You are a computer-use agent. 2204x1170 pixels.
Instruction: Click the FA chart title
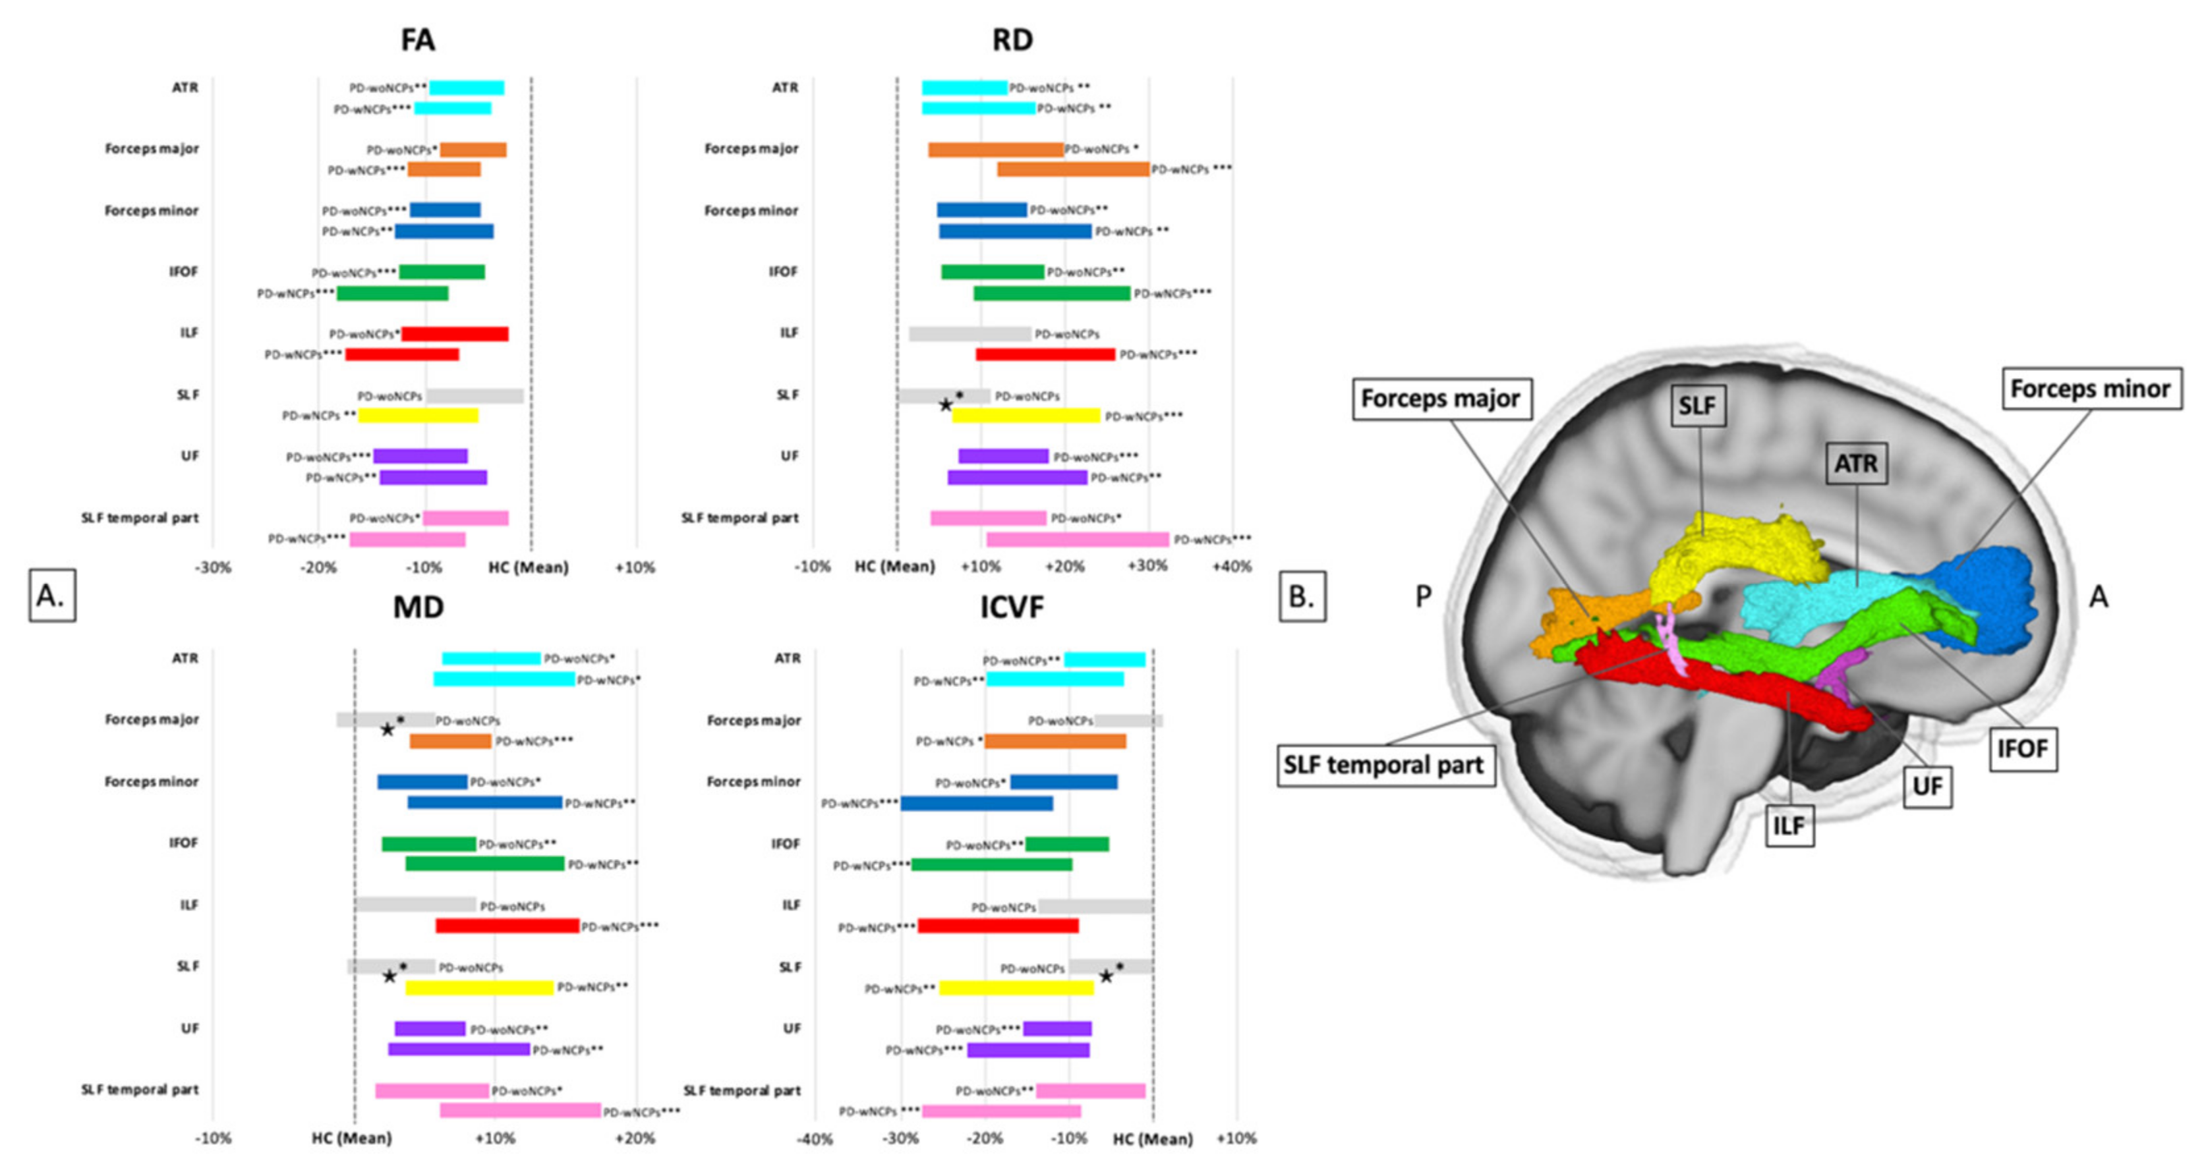click(x=417, y=40)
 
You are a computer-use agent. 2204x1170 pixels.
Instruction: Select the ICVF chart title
click(x=1012, y=607)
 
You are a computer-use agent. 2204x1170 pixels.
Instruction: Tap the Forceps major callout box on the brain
click(x=1441, y=399)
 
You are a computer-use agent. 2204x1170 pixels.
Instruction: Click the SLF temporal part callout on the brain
click(x=1384, y=765)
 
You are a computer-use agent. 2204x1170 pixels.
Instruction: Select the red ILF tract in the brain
click(x=1754, y=693)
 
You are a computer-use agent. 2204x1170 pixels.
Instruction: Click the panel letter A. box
click(x=51, y=596)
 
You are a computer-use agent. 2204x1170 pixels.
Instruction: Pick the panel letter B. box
click(x=1301, y=596)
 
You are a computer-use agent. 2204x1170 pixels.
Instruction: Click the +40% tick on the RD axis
click(x=1232, y=567)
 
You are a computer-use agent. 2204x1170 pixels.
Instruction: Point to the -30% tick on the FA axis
click(x=213, y=568)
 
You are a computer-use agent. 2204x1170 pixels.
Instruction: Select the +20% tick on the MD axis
click(x=636, y=1138)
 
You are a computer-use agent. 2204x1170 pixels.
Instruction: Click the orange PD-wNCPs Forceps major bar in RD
click(x=1073, y=169)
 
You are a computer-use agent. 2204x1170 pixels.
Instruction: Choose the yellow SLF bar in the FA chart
click(x=417, y=416)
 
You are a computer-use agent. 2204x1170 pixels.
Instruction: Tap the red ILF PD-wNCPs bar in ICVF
click(x=998, y=926)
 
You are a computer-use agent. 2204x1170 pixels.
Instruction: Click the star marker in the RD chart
click(x=945, y=404)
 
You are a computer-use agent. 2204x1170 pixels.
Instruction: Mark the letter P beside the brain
click(x=1424, y=597)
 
